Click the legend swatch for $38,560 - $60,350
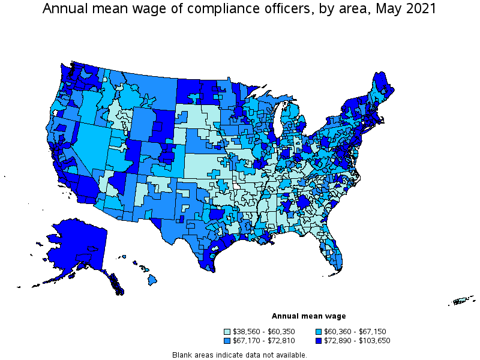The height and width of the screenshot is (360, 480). (x=227, y=331)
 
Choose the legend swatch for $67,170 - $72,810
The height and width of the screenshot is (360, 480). (x=227, y=341)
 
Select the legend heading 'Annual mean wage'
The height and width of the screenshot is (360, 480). (x=308, y=316)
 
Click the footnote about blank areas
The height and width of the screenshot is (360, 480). (x=239, y=355)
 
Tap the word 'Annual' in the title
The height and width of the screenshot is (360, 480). (x=66, y=10)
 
